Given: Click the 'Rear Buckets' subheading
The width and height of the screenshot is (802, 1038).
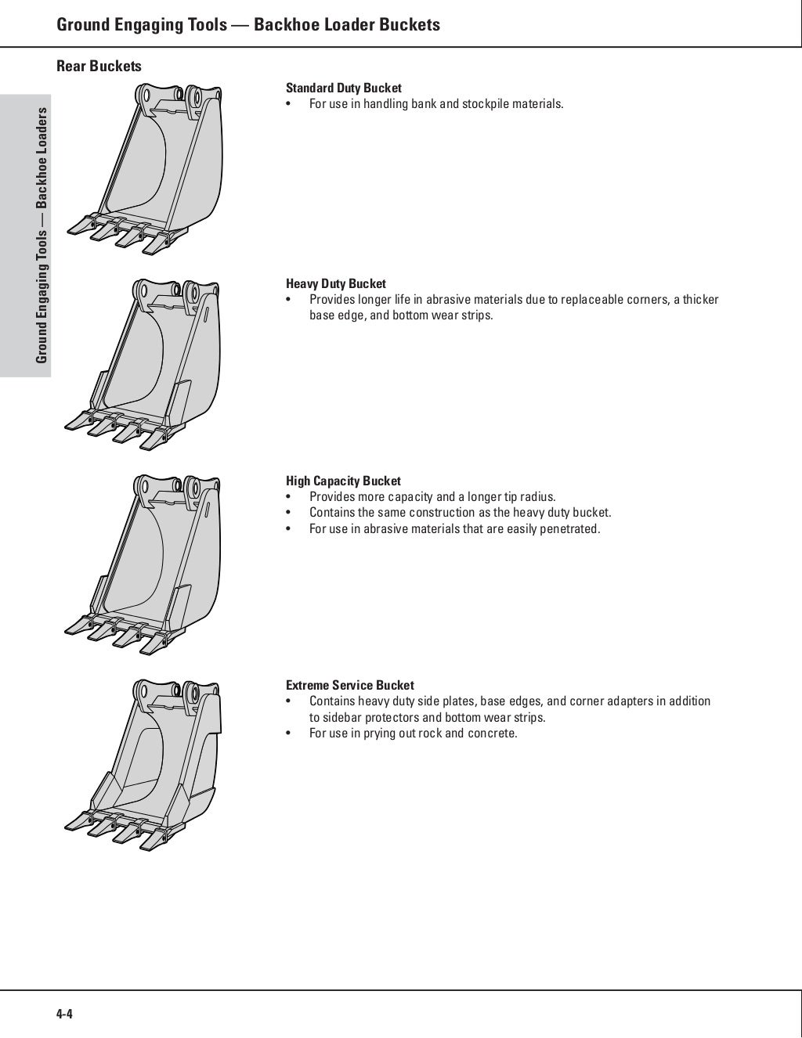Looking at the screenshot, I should click(99, 67).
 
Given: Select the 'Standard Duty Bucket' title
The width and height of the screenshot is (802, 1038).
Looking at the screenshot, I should click(343, 88).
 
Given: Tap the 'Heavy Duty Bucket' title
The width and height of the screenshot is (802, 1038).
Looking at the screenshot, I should click(335, 284).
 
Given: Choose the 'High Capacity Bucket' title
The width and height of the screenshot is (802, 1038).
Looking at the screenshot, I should click(342, 481).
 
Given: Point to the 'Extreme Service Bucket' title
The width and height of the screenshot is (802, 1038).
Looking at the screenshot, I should click(349, 685).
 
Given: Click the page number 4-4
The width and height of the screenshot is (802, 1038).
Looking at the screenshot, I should click(64, 1015).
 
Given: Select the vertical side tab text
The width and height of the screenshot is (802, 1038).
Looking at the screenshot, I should click(42, 235).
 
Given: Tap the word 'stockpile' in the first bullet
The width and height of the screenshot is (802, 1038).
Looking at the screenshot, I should click(485, 104).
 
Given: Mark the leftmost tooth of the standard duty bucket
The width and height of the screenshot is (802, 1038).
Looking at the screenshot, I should click(79, 226).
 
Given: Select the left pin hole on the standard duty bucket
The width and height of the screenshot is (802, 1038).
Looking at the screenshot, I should click(145, 97).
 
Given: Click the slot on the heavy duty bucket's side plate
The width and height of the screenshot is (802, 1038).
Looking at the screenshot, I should click(208, 317).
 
